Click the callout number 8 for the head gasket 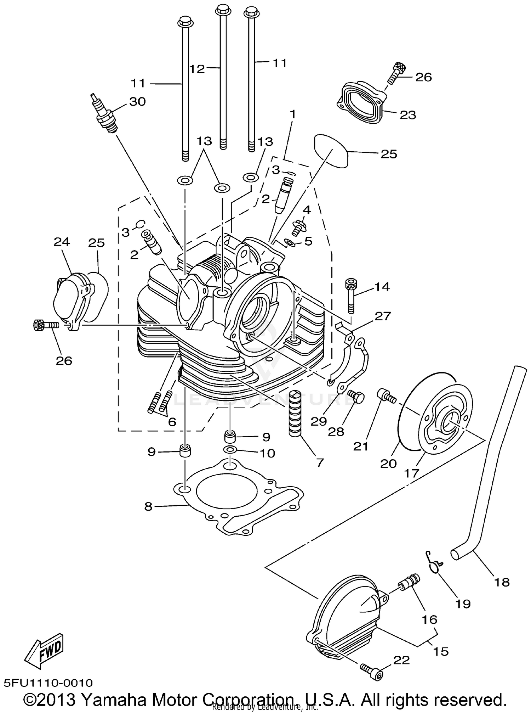coord(148,507)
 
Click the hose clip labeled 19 coord(434,562)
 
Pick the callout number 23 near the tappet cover coord(408,115)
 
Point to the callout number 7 coord(319,463)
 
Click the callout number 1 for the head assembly coord(292,114)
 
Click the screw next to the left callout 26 coord(45,324)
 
